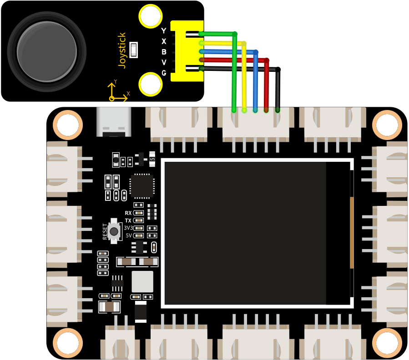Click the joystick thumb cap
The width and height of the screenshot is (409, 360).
(x=47, y=51)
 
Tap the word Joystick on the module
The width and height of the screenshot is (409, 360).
(x=122, y=50)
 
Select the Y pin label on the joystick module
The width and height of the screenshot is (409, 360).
(x=163, y=31)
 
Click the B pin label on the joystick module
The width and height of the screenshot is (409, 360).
(x=164, y=52)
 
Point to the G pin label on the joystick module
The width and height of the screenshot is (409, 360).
(x=164, y=73)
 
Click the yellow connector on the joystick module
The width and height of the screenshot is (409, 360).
(x=187, y=51)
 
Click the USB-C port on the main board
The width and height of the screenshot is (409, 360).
(x=114, y=122)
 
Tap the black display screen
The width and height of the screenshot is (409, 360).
(x=257, y=233)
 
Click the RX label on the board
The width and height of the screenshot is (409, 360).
(x=128, y=213)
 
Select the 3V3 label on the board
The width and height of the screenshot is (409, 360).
(x=128, y=228)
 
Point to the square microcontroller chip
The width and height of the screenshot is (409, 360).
(x=142, y=185)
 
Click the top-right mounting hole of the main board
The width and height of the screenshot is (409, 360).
(x=387, y=125)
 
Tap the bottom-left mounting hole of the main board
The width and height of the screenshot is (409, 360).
(x=68, y=343)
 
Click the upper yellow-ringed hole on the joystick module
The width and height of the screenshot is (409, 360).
(x=151, y=16)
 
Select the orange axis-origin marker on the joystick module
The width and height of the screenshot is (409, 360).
(x=111, y=98)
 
